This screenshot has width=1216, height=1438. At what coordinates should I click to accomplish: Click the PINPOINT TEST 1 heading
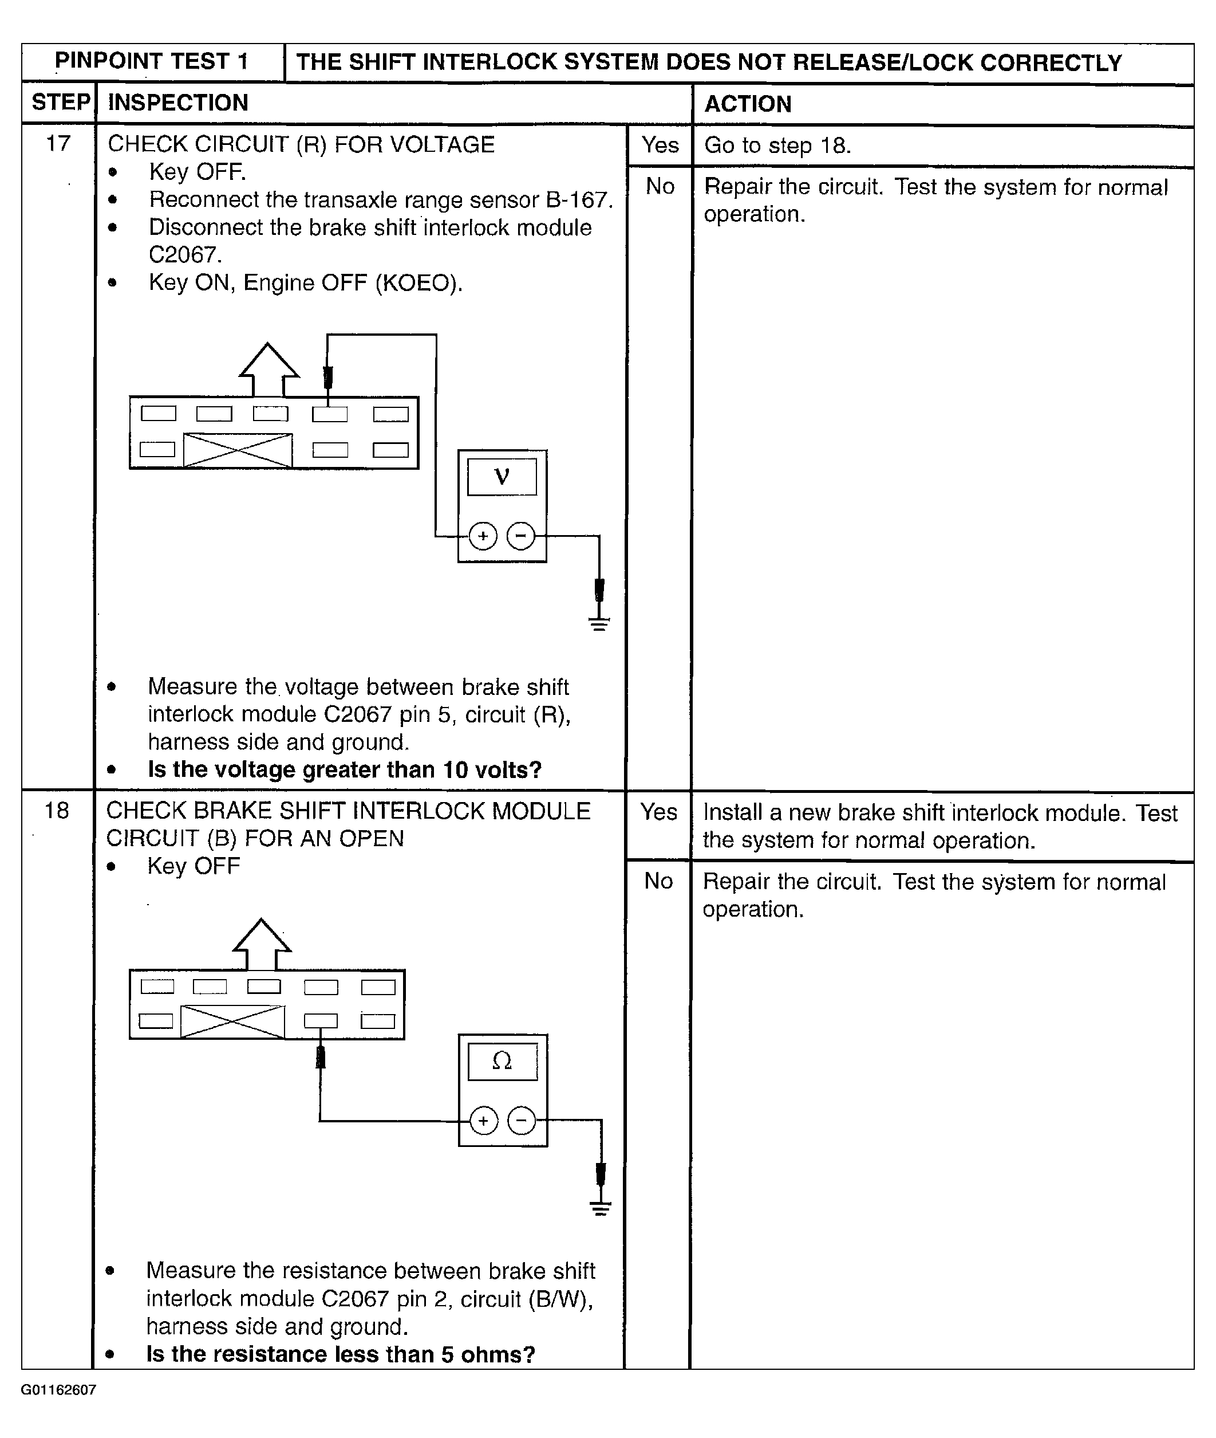point(152,61)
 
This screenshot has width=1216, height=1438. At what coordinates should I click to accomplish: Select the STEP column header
point(61,102)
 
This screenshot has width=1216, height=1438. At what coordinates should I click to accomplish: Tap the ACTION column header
point(748,104)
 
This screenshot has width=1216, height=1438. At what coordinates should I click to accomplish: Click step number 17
point(58,143)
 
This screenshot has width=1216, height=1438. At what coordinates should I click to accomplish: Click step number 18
point(57,811)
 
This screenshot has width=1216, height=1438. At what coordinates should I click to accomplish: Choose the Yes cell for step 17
point(660,145)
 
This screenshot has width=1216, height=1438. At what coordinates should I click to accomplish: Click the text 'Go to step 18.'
point(777,146)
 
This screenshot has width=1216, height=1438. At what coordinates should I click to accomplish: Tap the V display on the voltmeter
point(502,477)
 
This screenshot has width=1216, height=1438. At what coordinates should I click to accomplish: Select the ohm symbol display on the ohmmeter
point(503,1061)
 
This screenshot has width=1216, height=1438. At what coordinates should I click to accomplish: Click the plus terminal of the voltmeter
point(483,536)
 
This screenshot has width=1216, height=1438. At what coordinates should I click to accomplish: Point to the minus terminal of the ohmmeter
point(521,1121)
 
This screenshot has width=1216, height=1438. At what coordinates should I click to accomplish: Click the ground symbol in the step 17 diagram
point(599,624)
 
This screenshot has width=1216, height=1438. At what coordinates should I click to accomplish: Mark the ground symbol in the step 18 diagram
point(601,1208)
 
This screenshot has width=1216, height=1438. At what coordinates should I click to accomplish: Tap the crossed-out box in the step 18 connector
point(232,1021)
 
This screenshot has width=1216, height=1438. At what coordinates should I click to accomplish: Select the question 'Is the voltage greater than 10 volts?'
point(345,769)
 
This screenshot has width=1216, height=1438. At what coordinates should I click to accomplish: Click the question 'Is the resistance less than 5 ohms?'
point(341,1354)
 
